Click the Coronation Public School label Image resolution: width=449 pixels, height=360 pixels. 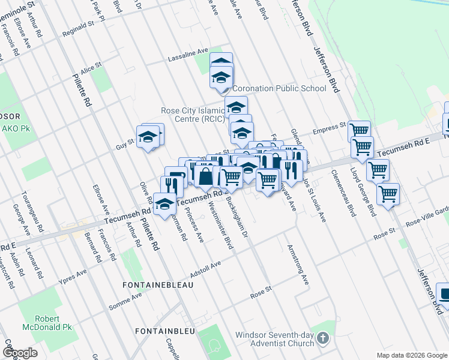click(x=279, y=88)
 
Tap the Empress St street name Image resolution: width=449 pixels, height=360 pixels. click(x=329, y=128)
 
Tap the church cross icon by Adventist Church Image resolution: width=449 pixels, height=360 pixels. click(x=323, y=339)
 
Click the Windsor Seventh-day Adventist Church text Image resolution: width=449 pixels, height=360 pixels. click(x=274, y=339)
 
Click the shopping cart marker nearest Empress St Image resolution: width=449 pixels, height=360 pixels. click(x=359, y=130)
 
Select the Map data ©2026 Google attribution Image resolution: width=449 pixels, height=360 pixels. click(x=411, y=355)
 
